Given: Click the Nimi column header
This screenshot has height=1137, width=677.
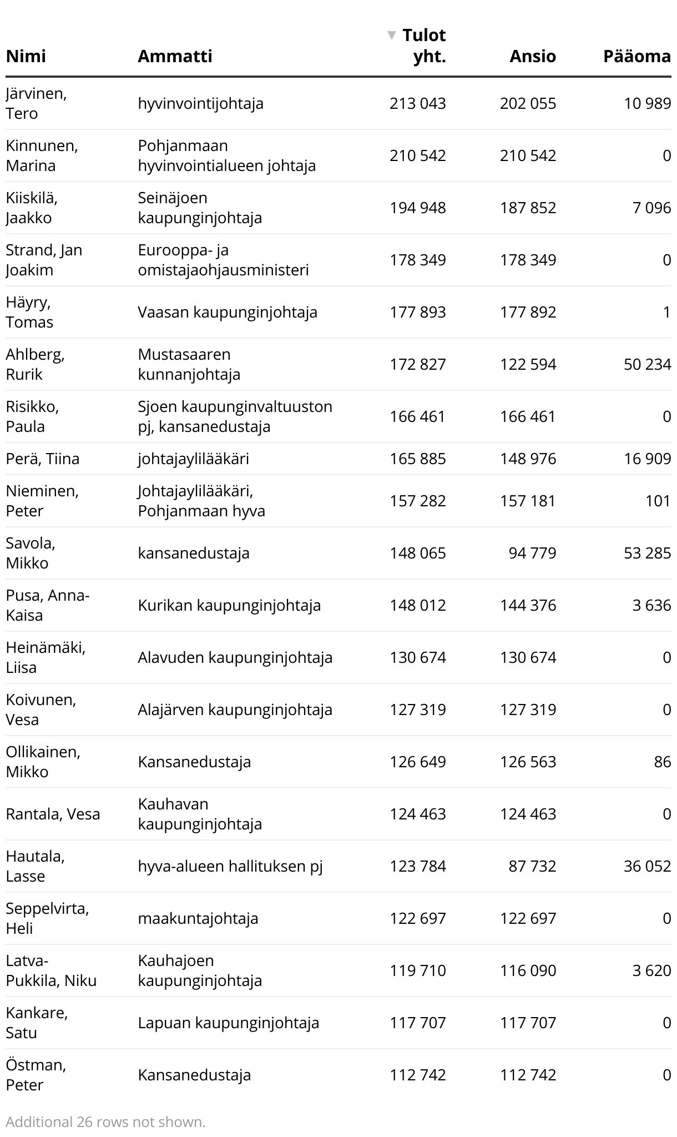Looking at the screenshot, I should click(x=26, y=56).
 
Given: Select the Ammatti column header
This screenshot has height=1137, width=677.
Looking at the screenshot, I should click(x=175, y=56).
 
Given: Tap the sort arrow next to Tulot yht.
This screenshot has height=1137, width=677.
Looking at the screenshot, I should click(x=392, y=36).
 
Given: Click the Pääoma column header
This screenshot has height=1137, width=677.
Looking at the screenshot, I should click(x=636, y=56).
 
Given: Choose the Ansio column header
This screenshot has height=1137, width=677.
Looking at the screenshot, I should click(x=532, y=56).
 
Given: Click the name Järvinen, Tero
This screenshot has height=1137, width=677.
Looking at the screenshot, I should click(x=36, y=103).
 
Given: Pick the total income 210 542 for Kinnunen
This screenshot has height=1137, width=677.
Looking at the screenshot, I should click(x=417, y=155).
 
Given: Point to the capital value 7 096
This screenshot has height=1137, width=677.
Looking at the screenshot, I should click(x=651, y=208).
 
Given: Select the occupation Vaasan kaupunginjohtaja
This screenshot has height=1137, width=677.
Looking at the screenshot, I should click(x=228, y=312).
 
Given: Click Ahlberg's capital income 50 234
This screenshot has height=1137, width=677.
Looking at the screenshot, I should click(x=647, y=364).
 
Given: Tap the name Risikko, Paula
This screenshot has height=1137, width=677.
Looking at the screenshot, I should click(x=32, y=416).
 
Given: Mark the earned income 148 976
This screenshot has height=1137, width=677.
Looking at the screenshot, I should click(x=527, y=459).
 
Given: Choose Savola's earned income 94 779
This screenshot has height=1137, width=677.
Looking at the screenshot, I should click(x=532, y=553).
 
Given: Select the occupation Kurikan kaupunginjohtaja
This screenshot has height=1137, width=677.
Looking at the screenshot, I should click(x=229, y=605).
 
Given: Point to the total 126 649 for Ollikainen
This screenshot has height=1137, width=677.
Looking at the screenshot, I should click(x=417, y=762).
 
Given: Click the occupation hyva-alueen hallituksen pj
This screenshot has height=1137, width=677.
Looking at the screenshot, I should click(x=230, y=866).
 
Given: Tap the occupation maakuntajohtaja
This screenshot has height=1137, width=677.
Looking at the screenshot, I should click(x=198, y=918).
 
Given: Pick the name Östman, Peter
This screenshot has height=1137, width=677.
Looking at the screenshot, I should click(x=36, y=1075).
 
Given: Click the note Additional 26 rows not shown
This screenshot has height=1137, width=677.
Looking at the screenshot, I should click(x=105, y=1122).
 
